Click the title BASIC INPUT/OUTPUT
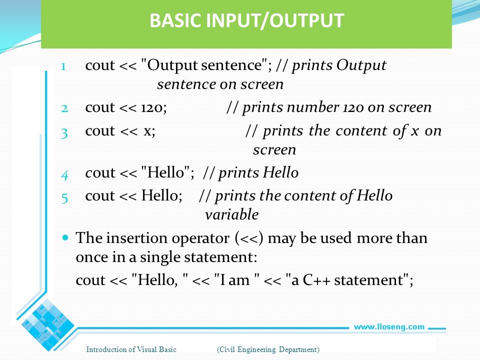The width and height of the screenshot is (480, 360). click(246, 20)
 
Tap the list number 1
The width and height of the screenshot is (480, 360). click(63, 66)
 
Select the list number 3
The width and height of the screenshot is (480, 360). click(64, 133)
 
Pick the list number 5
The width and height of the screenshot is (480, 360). click(64, 198)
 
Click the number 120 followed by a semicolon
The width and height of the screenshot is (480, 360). click(153, 108)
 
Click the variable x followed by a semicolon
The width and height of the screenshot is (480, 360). click(149, 131)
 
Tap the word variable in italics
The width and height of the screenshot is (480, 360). click(231, 214)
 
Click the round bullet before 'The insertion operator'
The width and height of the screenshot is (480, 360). click(65, 237)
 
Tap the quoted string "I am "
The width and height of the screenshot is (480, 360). click(236, 280)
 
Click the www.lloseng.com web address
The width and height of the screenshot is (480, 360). click(389, 327)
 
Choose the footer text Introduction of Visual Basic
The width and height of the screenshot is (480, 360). click(131, 349)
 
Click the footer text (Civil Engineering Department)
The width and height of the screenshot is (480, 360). click(268, 349)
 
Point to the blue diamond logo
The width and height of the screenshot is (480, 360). click(47, 325)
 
